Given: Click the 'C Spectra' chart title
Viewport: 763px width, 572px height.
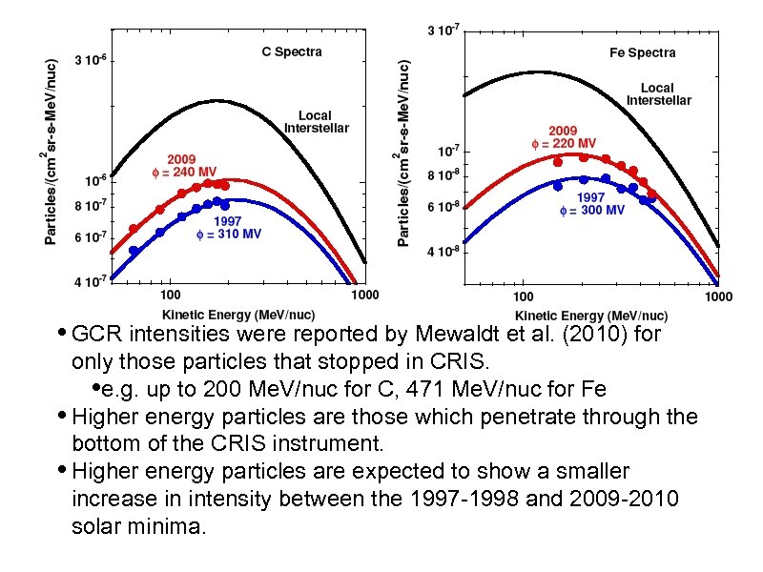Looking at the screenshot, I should (292, 51).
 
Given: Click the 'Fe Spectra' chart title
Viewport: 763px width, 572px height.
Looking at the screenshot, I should (642, 52).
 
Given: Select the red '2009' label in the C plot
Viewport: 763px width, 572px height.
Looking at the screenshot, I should (183, 158).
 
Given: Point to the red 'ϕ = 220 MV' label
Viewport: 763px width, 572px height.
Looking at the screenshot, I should (564, 144).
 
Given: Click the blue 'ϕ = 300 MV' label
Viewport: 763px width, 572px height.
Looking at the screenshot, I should (591, 210).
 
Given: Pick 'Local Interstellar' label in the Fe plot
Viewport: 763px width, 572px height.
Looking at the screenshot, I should (658, 94).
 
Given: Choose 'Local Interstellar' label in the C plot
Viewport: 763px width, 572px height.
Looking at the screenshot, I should (317, 121).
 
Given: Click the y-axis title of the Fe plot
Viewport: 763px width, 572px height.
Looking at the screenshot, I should (404, 153).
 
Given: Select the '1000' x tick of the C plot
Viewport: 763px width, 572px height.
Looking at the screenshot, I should (365, 296).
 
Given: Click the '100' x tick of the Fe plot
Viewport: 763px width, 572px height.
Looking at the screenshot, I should (523, 296).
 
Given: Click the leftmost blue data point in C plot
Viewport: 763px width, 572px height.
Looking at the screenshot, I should (134, 251).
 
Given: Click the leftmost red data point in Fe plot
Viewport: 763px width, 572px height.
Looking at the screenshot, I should (558, 162).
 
